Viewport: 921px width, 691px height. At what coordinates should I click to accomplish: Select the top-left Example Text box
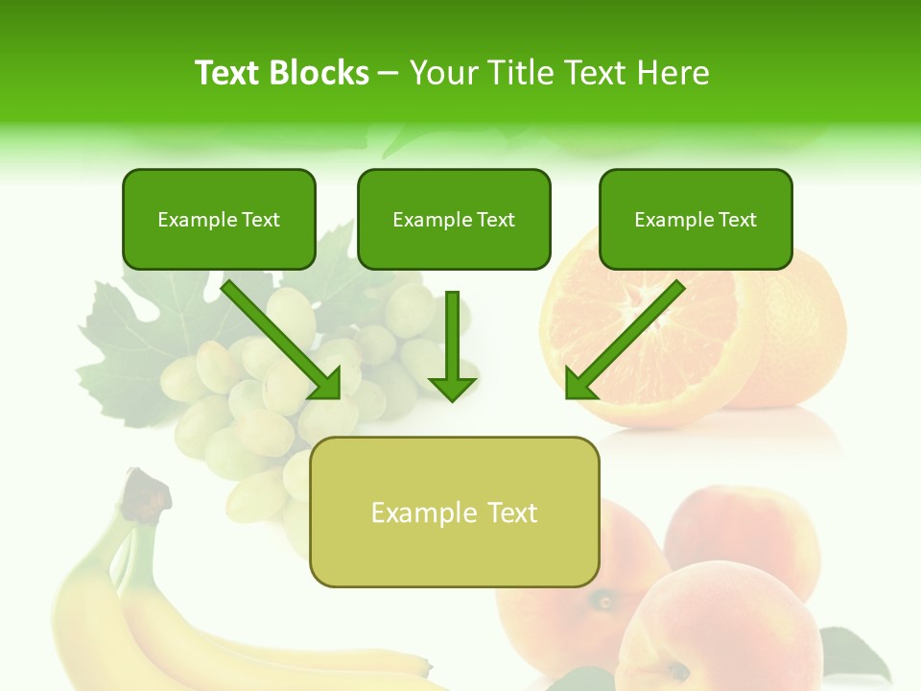click(219, 220)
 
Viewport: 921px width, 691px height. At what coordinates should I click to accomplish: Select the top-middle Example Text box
click(454, 220)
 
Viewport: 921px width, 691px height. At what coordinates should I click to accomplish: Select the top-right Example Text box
click(696, 220)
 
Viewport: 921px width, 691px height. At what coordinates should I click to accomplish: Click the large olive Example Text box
click(454, 512)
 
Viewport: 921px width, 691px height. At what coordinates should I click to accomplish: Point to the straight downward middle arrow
click(452, 345)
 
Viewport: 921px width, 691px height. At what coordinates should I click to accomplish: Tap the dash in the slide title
click(389, 73)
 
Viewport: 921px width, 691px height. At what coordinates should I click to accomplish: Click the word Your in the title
click(442, 73)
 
